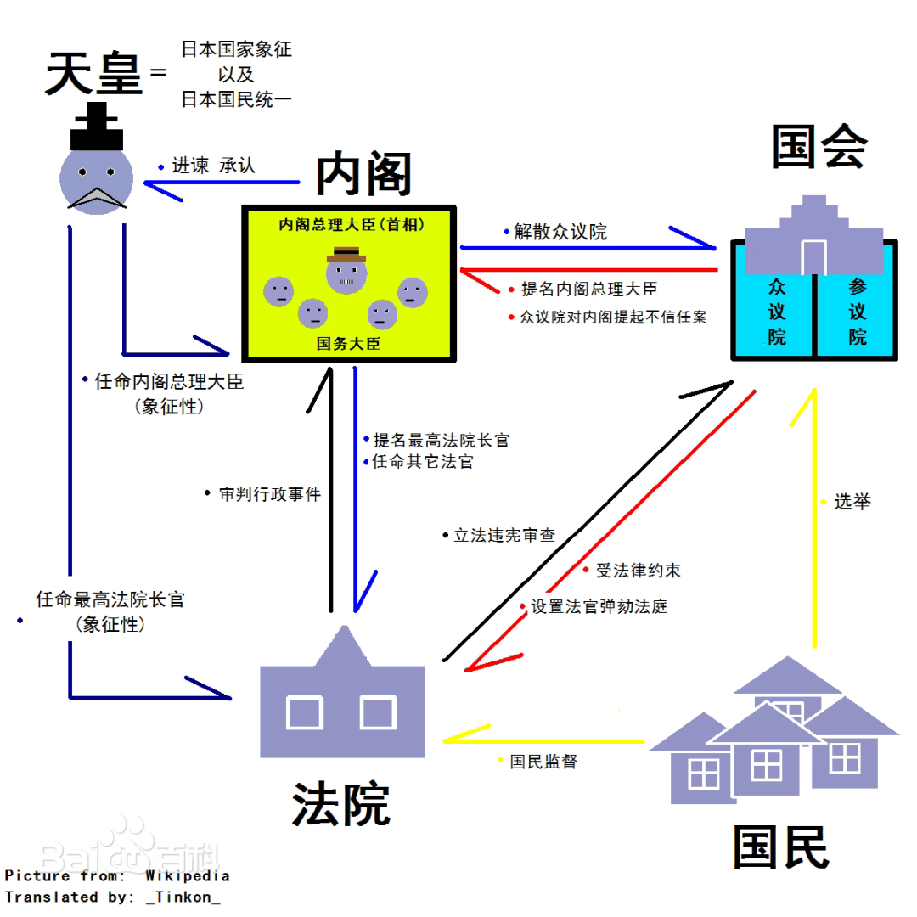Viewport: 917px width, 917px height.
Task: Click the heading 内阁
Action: [x=363, y=174]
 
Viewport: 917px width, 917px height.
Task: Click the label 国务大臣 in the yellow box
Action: [x=348, y=344]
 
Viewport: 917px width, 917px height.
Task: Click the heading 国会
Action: [x=819, y=146]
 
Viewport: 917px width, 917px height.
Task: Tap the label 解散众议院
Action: [x=560, y=232]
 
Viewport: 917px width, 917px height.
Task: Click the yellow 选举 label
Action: [x=852, y=502]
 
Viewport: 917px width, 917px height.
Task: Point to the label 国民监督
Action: [x=543, y=762]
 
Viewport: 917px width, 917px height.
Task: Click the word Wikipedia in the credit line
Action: [x=187, y=875]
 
